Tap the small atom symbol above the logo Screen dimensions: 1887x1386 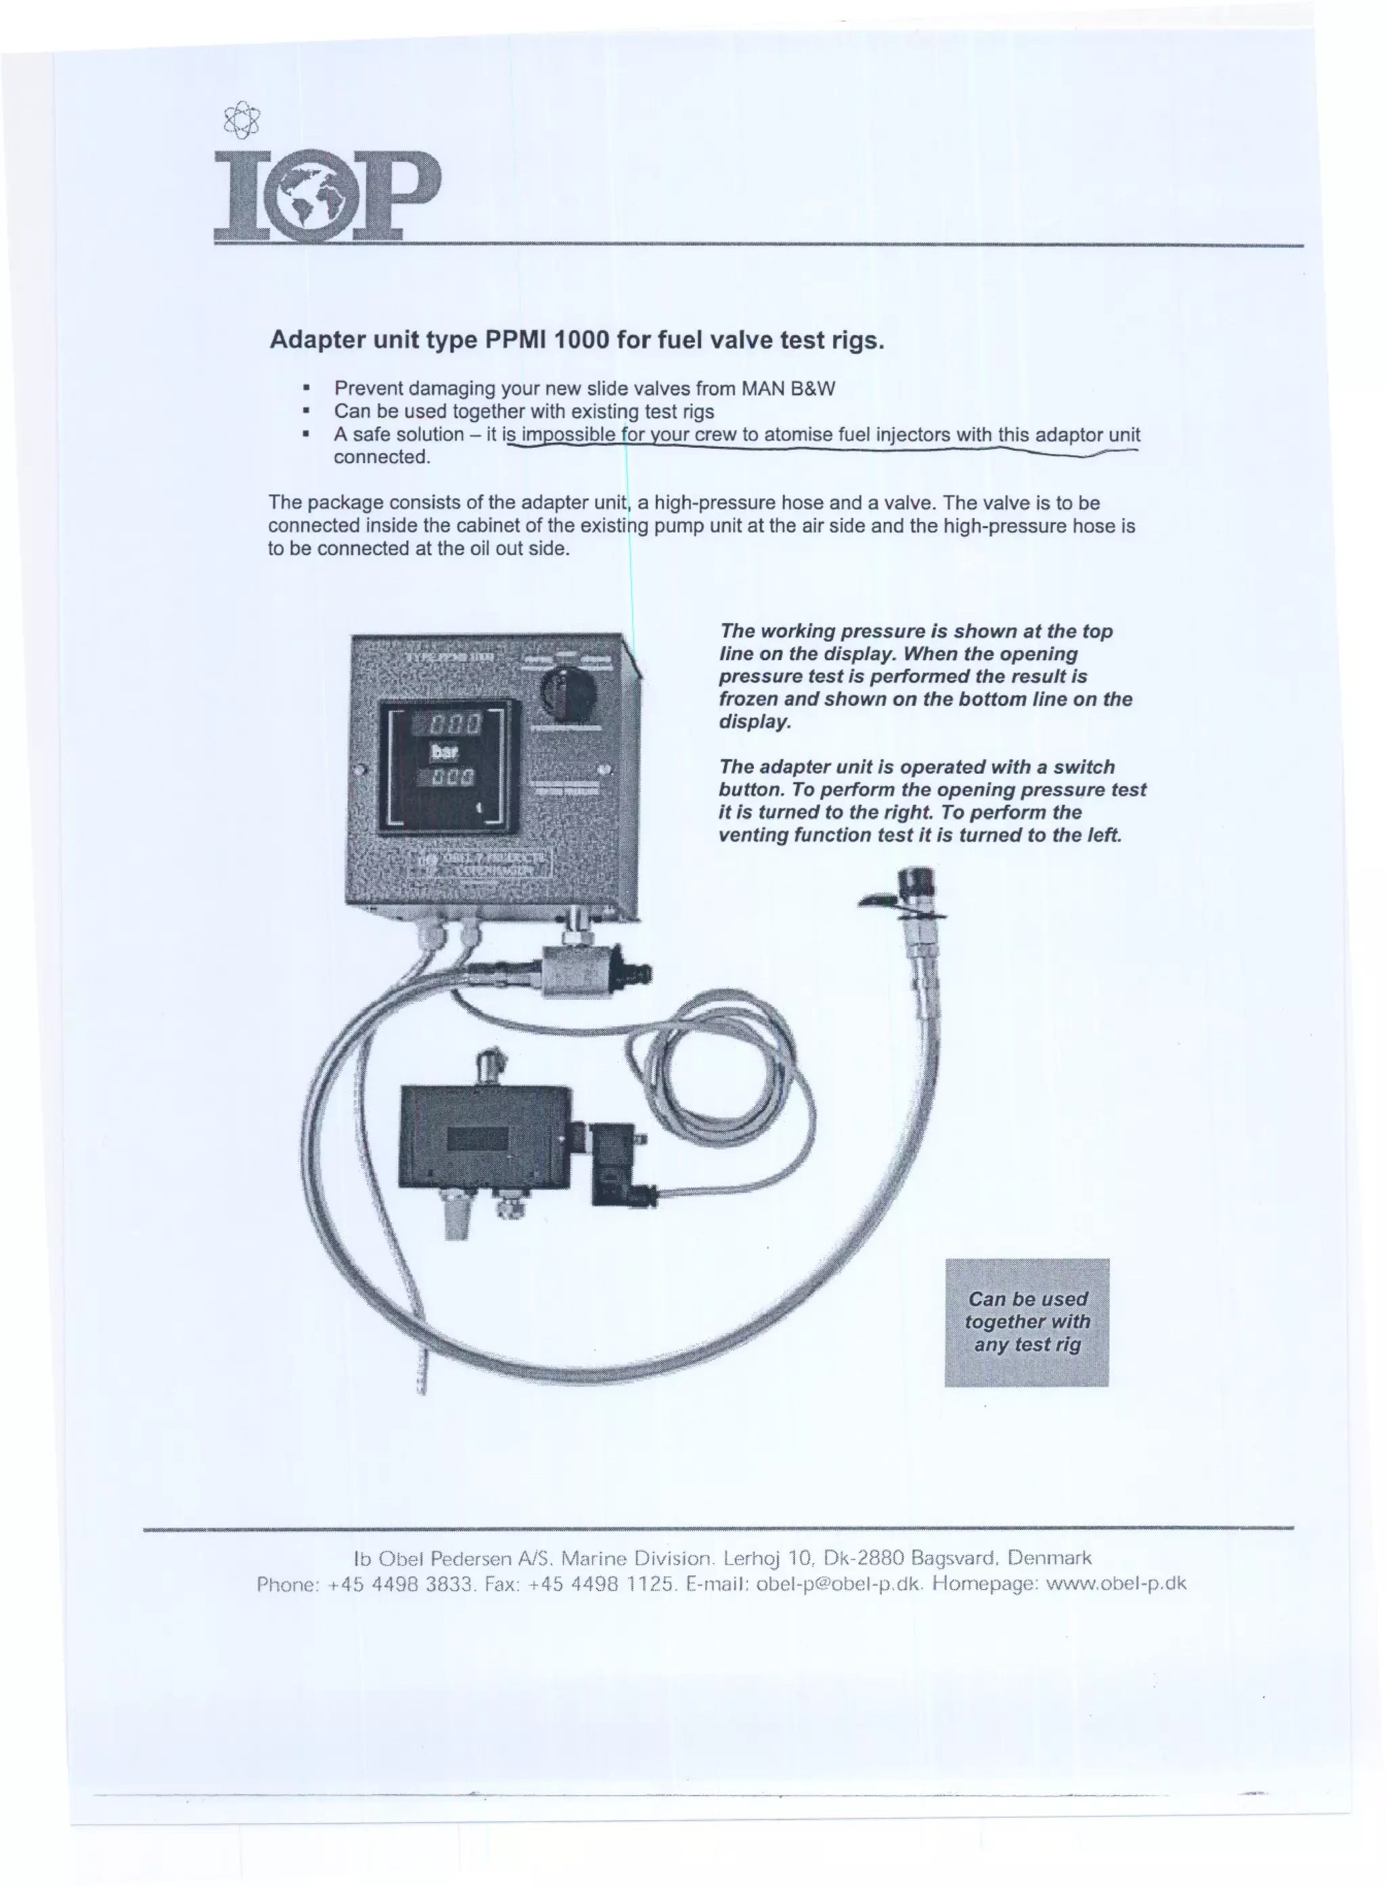[242, 119]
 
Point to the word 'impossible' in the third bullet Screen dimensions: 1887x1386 [568, 435]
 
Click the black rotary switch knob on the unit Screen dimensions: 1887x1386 [568, 693]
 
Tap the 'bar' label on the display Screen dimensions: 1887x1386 [444, 752]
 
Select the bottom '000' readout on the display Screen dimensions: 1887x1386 [453, 777]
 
